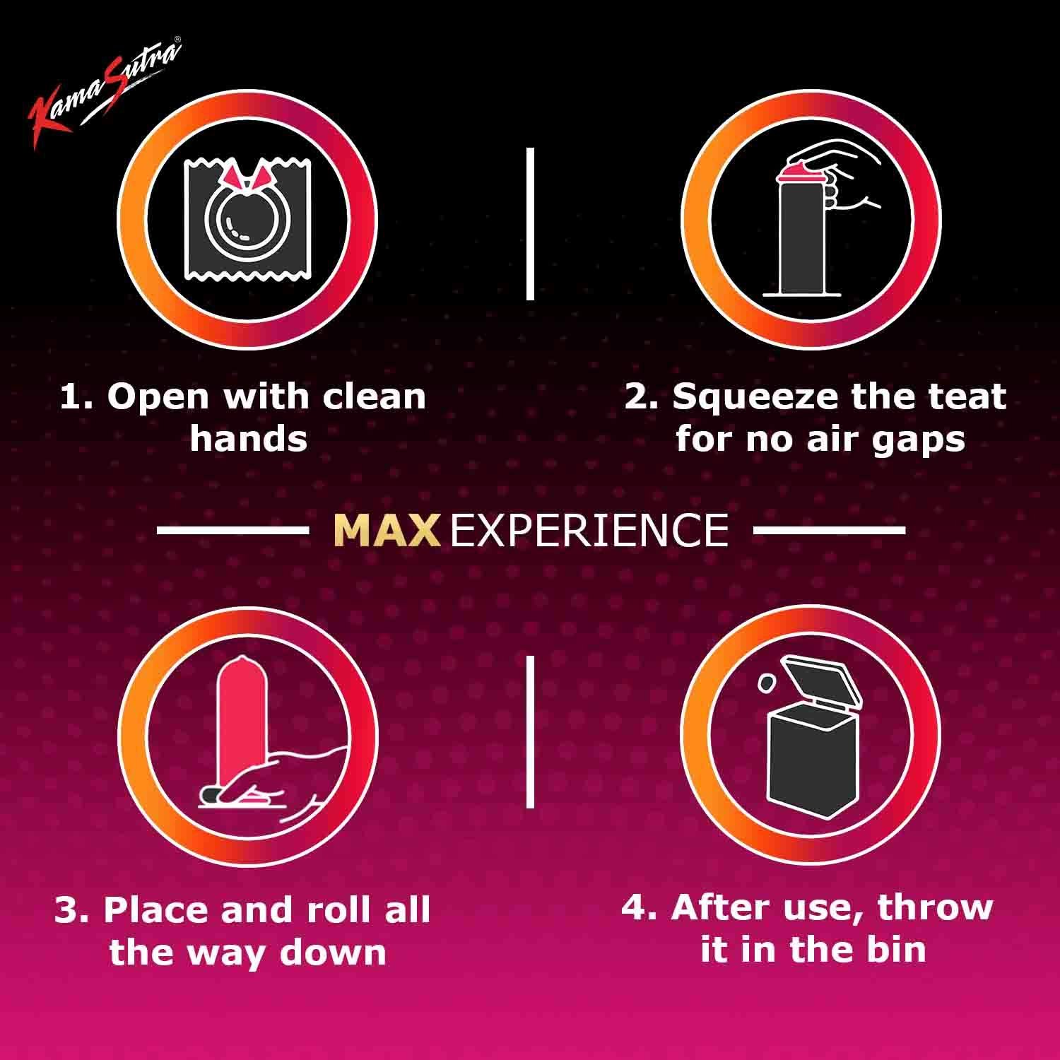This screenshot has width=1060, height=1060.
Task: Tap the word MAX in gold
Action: tap(387, 530)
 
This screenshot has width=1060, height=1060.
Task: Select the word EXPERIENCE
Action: tap(589, 530)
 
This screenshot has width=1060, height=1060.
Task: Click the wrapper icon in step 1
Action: tap(247, 219)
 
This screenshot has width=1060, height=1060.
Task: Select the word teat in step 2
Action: tap(970, 397)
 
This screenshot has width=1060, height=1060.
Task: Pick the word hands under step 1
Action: tap(248, 439)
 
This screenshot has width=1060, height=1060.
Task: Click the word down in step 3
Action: tap(333, 952)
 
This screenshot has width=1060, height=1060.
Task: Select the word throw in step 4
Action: tap(935, 907)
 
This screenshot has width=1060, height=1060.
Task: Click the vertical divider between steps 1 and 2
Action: tap(530, 223)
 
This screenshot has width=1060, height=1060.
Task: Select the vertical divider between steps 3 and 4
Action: tap(530, 731)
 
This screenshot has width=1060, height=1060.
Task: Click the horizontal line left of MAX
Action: tap(232, 530)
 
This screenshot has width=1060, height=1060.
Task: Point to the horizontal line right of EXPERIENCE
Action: tap(829, 530)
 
